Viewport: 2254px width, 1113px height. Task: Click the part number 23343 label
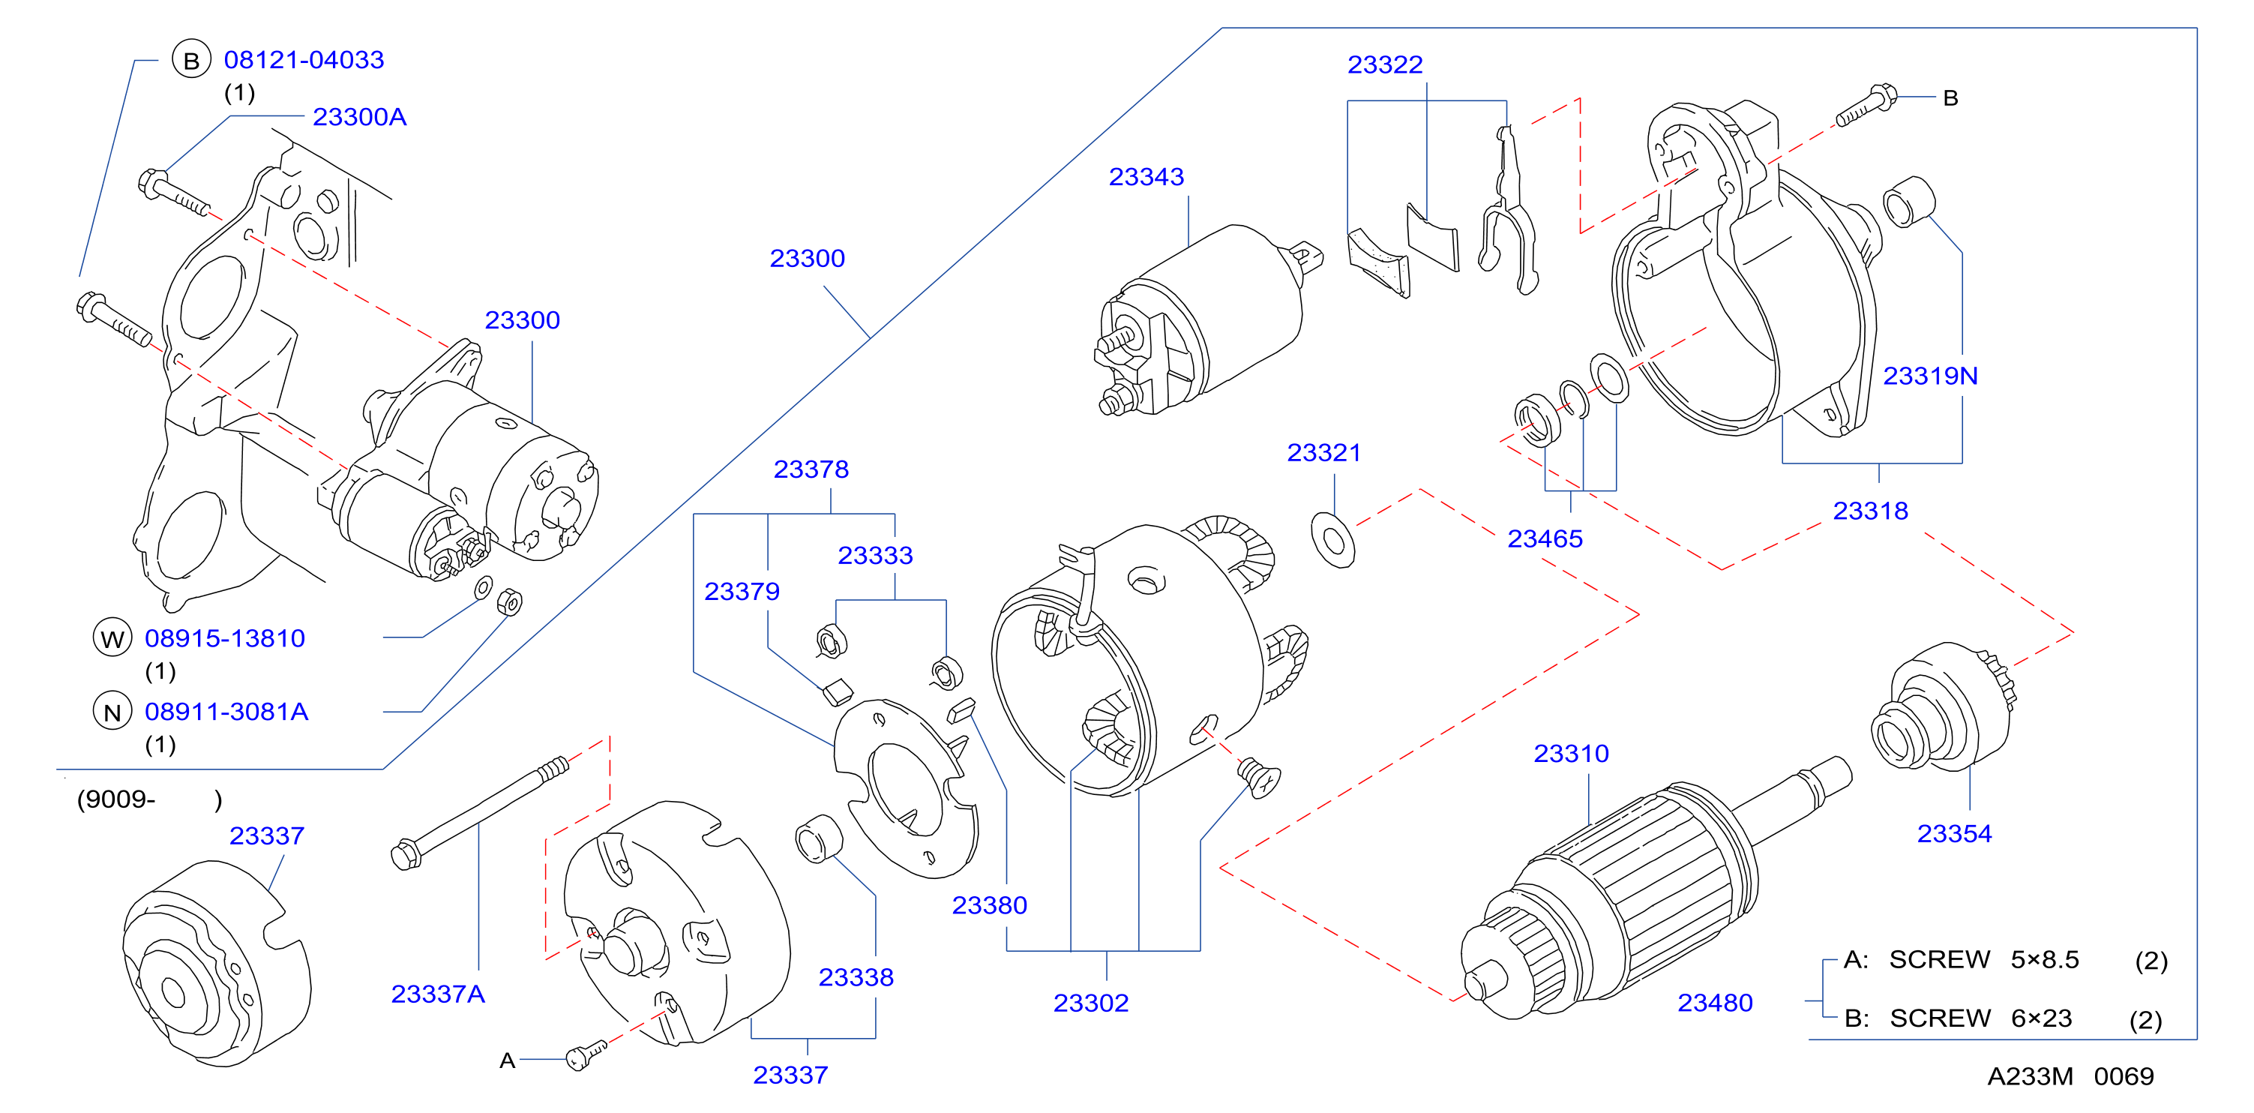point(1146,177)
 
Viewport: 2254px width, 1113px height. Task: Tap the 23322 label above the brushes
point(1385,64)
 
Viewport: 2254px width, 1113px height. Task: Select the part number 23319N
point(1930,376)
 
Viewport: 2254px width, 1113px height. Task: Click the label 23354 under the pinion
point(1955,834)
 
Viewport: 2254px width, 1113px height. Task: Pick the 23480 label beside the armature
point(1715,1003)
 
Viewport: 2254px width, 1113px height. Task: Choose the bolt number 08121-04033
point(304,60)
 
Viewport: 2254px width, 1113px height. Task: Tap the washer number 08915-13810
point(225,639)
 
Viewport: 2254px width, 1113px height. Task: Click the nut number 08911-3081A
point(226,712)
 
